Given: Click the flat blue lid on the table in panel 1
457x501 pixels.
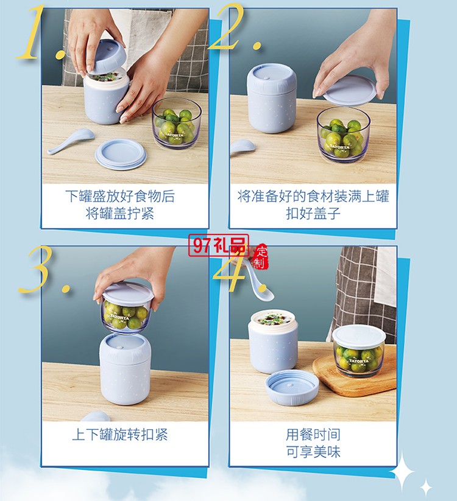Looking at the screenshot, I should tap(121, 153).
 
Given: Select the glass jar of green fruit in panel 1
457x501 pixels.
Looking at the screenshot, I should tap(176, 124).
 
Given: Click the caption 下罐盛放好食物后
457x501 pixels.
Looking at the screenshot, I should tap(120, 196).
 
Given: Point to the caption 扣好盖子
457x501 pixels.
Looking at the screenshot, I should tap(313, 214).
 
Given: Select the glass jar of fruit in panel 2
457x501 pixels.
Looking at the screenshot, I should tap(343, 134).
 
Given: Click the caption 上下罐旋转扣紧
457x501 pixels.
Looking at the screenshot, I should tap(120, 435).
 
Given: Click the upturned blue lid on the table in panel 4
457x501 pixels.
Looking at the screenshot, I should tap(292, 387).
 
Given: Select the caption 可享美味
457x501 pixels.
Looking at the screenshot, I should tap(313, 452).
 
